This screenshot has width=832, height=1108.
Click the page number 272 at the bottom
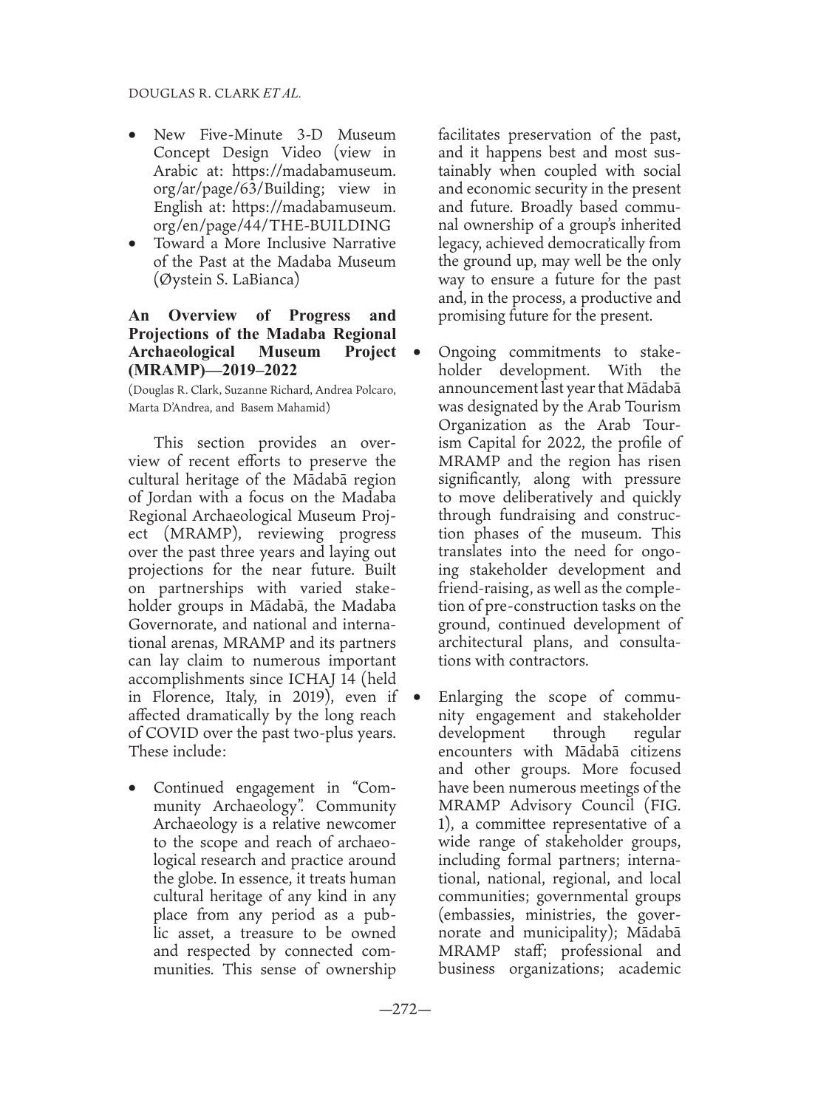[405, 1010]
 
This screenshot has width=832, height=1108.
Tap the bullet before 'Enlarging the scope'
[417, 697]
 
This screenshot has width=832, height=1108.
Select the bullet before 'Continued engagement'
[133, 788]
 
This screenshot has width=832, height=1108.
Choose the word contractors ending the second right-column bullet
[545, 661]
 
